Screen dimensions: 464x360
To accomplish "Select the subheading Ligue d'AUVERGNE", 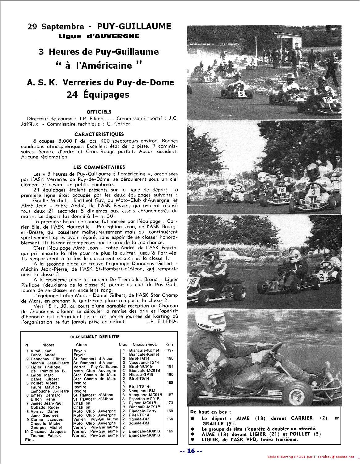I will [x=99, y=36].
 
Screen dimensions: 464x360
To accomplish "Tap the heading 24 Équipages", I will [x=98, y=94].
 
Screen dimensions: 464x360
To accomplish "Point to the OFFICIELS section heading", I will [x=99, y=112].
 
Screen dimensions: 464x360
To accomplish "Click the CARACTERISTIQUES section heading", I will [x=99, y=134].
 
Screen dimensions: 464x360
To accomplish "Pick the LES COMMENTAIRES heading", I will [x=99, y=167].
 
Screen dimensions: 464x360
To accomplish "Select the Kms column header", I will [x=169, y=344].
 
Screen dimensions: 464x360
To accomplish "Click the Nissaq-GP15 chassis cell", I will [x=141, y=375].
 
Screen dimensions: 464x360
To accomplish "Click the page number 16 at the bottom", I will [x=191, y=451].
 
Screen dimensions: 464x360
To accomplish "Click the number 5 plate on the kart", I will [x=241, y=92].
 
